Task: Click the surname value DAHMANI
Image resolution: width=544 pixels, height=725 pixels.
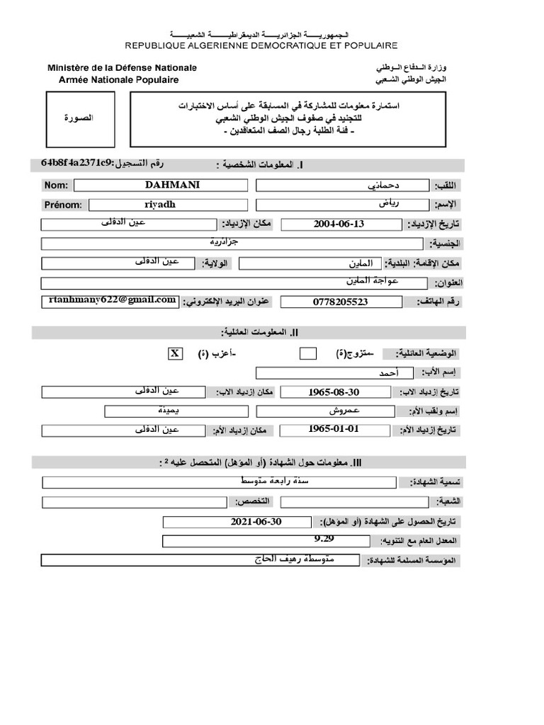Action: pyautogui.click(x=172, y=185)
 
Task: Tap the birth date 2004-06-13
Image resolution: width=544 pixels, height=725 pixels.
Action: pyautogui.click(x=339, y=224)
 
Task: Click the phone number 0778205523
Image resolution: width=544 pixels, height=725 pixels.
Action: pyautogui.click(x=340, y=302)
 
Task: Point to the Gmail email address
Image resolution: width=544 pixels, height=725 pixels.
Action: pyautogui.click(x=112, y=300)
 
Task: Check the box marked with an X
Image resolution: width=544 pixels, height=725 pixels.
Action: pyautogui.click(x=175, y=353)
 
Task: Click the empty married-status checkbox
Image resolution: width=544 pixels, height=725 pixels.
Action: pyautogui.click(x=308, y=353)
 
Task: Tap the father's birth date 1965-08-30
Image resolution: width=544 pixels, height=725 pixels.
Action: pyautogui.click(x=334, y=392)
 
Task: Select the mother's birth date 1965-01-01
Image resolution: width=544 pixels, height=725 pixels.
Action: pyautogui.click(x=334, y=429)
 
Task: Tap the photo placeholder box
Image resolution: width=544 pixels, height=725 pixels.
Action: pyautogui.click(x=79, y=119)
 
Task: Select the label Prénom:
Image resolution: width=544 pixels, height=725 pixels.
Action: pyautogui.click(x=64, y=205)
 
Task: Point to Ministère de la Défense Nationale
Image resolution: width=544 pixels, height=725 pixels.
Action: pyautogui.click(x=122, y=68)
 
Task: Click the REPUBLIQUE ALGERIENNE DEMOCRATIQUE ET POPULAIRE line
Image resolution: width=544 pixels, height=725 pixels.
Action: pyautogui.click(x=261, y=45)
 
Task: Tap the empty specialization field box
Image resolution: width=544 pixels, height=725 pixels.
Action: pyautogui.click(x=134, y=502)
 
